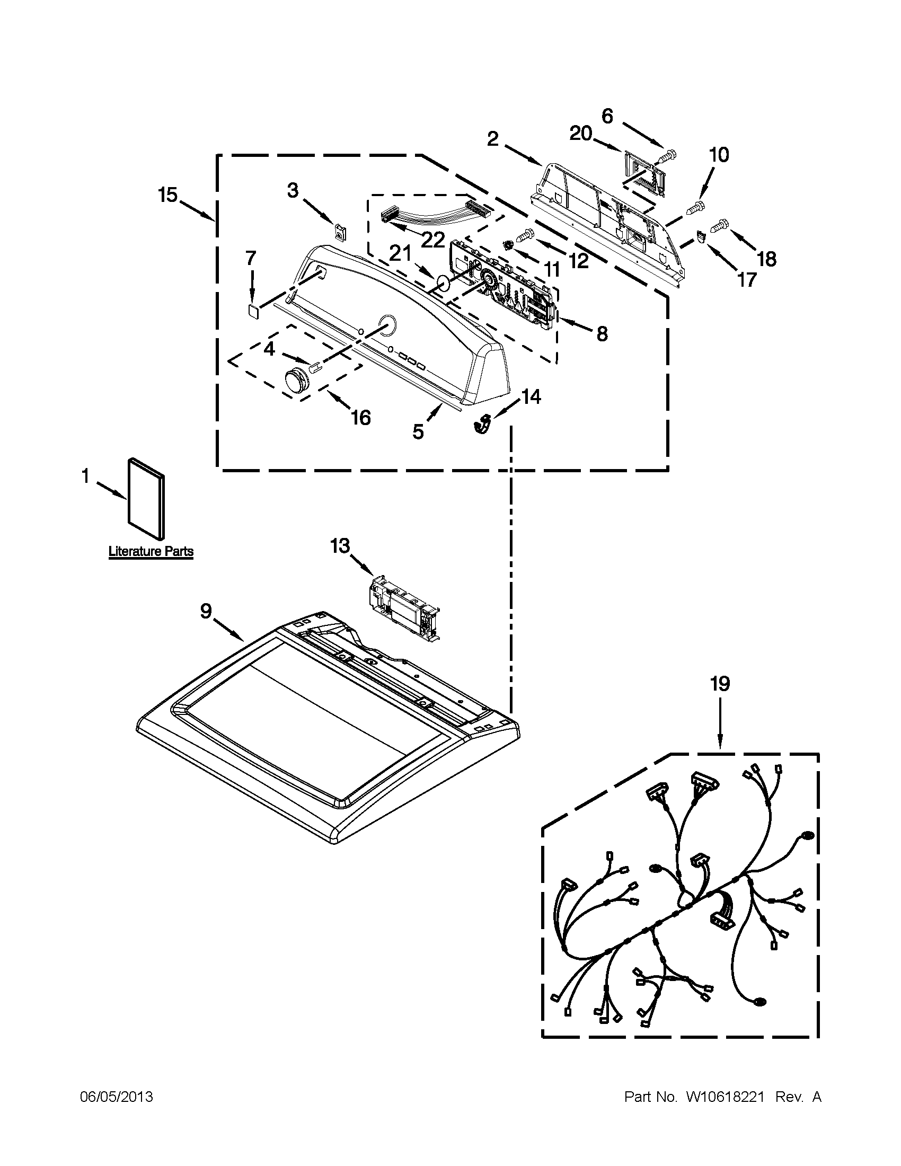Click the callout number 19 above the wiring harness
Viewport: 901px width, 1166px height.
tap(720, 684)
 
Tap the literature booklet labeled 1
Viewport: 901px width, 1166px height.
tap(146, 499)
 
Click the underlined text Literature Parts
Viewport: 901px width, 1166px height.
tap(151, 552)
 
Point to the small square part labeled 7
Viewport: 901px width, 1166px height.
tap(254, 311)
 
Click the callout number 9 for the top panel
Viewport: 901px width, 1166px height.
tap(206, 611)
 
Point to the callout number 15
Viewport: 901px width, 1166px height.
tap(167, 195)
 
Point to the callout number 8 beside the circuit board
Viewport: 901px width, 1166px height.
tap(602, 334)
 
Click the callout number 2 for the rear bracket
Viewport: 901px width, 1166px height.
tap(493, 139)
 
